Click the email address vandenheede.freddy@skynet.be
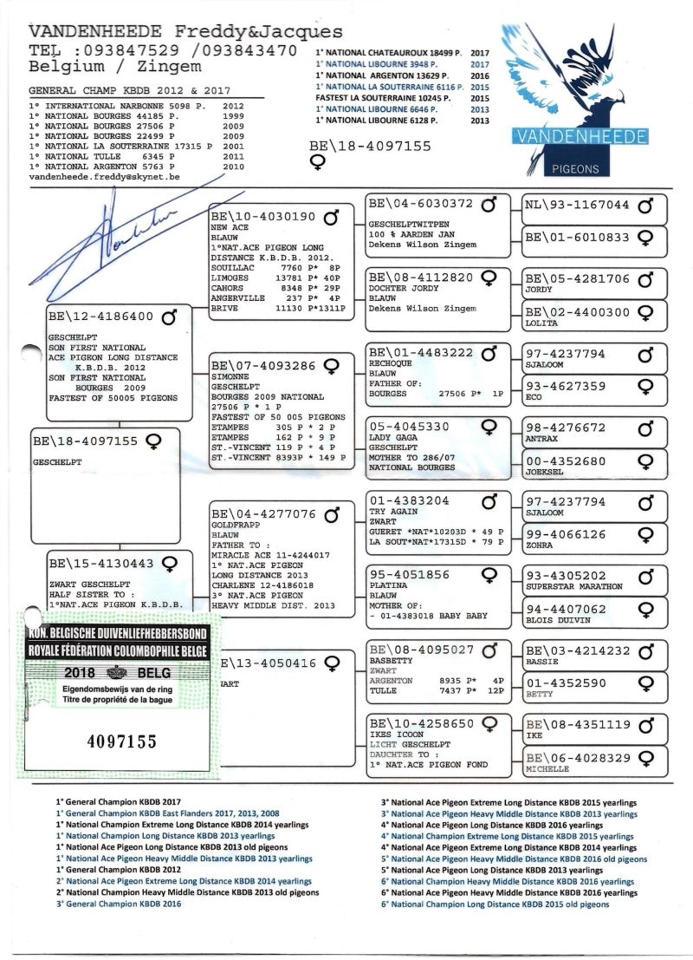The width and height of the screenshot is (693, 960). click(x=104, y=176)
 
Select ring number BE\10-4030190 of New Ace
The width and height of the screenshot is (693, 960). click(x=263, y=216)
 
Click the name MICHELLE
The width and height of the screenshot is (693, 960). click(x=547, y=768)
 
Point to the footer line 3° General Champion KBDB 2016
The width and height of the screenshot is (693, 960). click(x=123, y=904)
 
